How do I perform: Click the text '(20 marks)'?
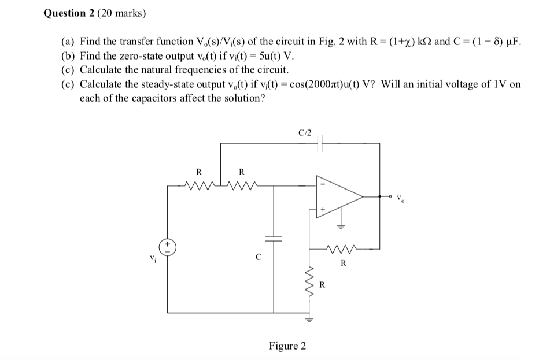123,13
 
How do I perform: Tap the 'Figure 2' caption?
287,346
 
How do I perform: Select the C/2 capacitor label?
305,132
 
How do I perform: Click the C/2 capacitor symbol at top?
321,144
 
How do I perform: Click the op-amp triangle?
339,196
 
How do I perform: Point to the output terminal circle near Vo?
390,196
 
